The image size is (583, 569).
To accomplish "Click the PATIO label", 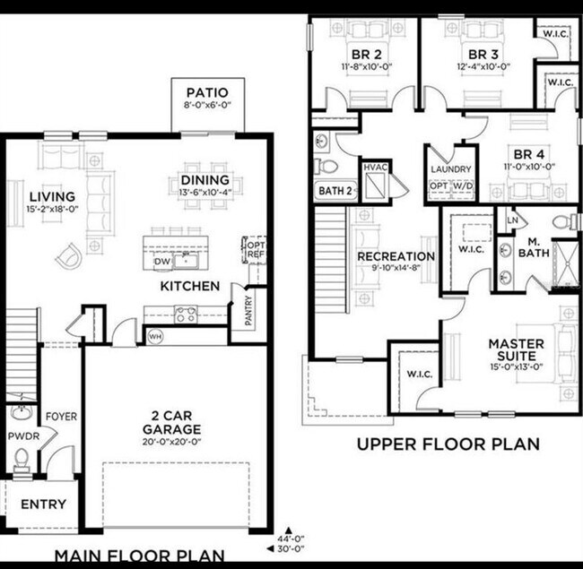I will point(206,93).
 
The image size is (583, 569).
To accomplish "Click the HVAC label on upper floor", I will point(375,168).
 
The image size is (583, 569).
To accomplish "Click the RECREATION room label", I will point(396,256).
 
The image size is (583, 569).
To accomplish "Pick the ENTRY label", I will point(43,504).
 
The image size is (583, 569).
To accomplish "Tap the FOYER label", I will point(61,418).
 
